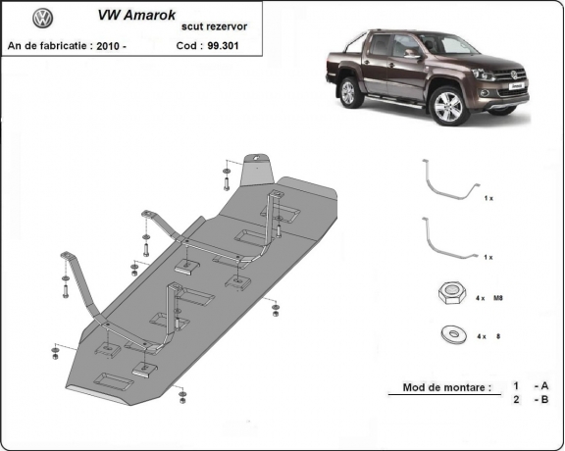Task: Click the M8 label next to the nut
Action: pyautogui.click(x=497, y=296)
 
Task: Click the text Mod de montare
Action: pyautogui.click(x=446, y=387)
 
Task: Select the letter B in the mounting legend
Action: pyautogui.click(x=542, y=400)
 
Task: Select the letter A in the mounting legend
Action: pyautogui.click(x=542, y=386)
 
